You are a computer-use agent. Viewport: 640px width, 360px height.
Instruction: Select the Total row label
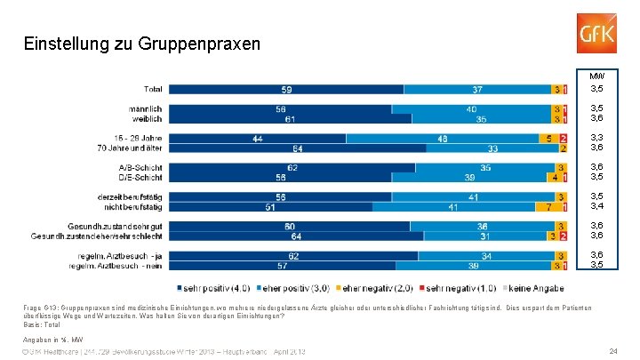(x=152, y=89)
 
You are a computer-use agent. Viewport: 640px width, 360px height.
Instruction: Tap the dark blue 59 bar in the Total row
(x=285, y=89)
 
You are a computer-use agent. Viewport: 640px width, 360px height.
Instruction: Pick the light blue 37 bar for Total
(x=477, y=89)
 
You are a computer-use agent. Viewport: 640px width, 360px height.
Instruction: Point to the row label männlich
(x=144, y=108)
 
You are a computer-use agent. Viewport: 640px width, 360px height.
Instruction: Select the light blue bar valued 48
(x=442, y=138)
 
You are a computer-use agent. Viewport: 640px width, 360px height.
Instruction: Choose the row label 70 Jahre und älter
(x=126, y=148)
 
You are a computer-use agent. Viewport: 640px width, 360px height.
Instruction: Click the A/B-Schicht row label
(x=140, y=167)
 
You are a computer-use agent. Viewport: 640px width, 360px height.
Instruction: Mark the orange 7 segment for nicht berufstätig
(x=550, y=206)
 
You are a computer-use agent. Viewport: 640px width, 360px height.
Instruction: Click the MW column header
(x=596, y=75)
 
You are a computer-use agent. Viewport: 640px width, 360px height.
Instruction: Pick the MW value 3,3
(x=597, y=138)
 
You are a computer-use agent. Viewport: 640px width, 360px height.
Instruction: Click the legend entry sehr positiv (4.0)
(x=216, y=287)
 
